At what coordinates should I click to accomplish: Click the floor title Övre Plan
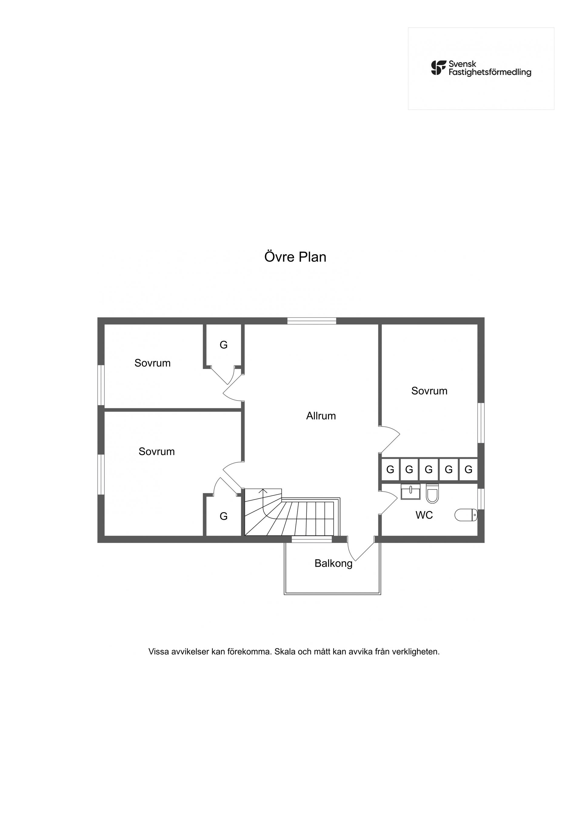coord(295,257)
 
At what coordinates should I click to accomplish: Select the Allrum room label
coord(321,416)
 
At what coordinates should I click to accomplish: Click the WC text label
coord(424,515)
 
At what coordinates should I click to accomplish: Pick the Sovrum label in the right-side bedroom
coord(429,391)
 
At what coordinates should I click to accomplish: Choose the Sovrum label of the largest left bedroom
coord(157,451)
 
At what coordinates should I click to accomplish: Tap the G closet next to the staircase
coord(223,516)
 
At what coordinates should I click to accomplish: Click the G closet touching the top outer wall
coord(223,345)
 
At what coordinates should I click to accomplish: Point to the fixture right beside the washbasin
coord(433,494)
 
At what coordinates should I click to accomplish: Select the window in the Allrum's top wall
coord(312,321)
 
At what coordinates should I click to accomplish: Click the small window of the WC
coord(481,498)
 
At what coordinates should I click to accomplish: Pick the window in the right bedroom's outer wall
coord(481,423)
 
